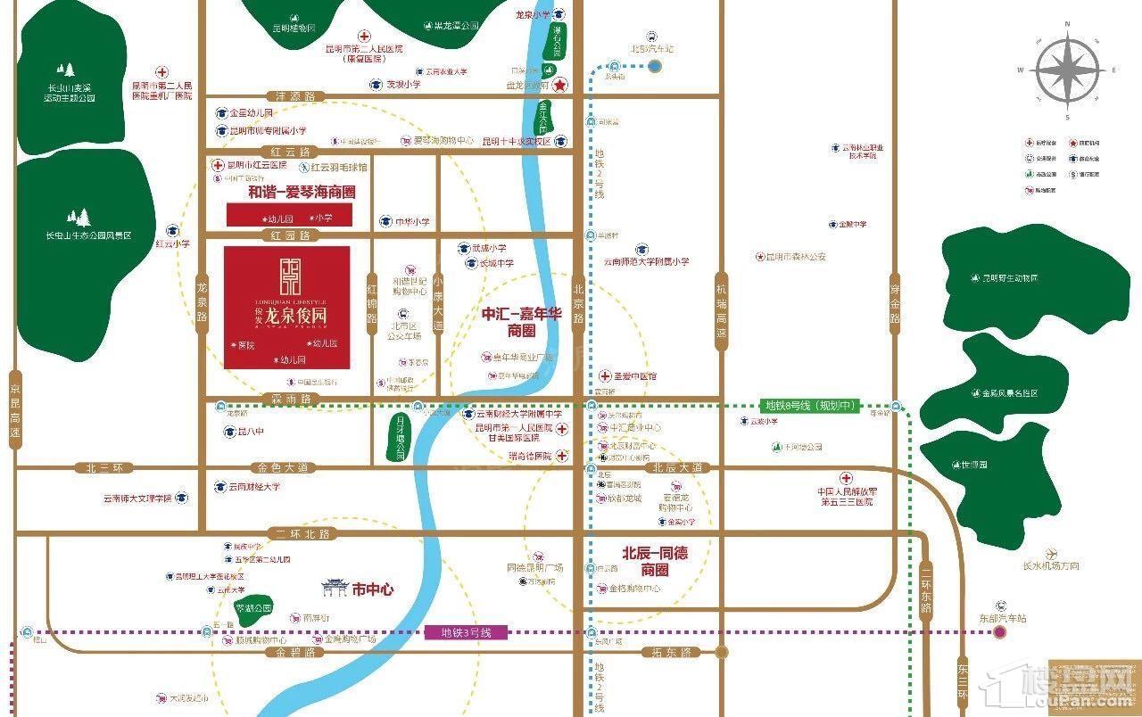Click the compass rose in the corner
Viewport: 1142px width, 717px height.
click(1068, 71)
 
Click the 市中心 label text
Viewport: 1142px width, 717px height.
click(372, 589)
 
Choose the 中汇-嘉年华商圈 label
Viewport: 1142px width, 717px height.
click(521, 323)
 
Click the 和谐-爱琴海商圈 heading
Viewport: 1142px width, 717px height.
click(289, 191)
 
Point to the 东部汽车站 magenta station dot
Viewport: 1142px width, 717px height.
click(1000, 632)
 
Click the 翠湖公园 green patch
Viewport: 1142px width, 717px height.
click(252, 608)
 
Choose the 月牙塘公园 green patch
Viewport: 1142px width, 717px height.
click(400, 437)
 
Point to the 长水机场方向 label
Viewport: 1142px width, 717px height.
click(1051, 565)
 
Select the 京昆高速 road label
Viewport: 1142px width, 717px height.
click(13, 409)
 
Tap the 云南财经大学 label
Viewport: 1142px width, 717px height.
click(253, 487)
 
